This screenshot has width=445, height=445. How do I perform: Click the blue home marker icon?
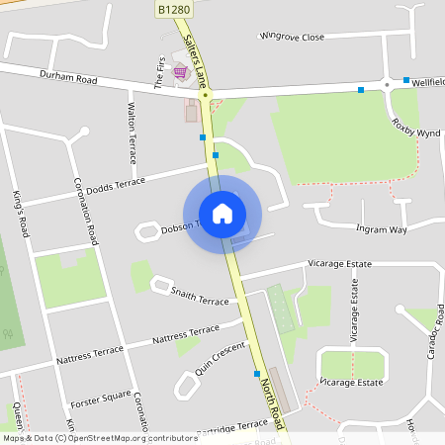[222, 213]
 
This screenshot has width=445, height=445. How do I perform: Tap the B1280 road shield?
[172, 9]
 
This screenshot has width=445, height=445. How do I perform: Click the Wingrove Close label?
[292, 37]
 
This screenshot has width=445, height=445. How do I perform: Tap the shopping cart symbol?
[180, 71]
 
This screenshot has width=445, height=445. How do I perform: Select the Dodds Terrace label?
[115, 185]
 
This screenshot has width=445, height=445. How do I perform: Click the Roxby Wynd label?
[415, 130]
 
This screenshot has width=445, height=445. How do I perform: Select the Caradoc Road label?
[431, 337]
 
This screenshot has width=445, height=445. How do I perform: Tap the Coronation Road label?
[87, 212]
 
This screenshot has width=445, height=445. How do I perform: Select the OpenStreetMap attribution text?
[99, 437]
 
